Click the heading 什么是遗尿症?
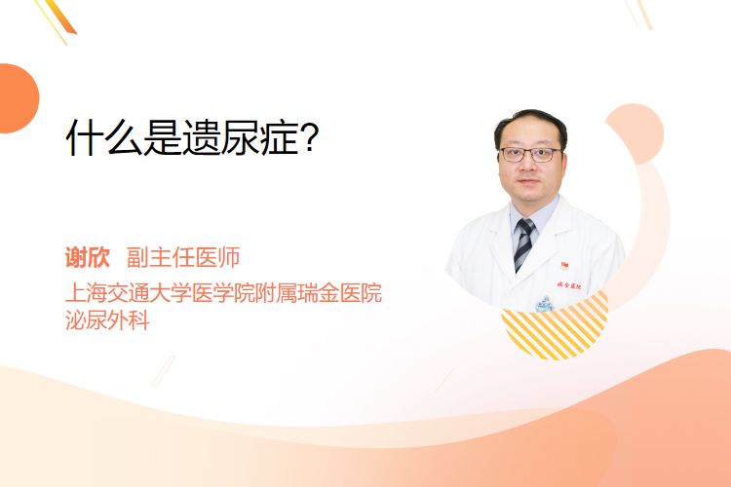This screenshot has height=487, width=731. [192, 138]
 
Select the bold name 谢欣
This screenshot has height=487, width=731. [88, 257]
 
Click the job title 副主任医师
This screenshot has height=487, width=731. [183, 257]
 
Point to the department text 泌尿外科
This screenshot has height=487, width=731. [107, 319]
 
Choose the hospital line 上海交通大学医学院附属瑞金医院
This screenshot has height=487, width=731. [224, 292]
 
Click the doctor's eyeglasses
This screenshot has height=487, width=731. [530, 154]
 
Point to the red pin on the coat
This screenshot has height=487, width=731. [564, 265]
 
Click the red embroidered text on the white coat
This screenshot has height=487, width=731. [569, 285]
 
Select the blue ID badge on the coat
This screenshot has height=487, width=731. [543, 304]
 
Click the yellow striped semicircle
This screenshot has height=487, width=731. [556, 326]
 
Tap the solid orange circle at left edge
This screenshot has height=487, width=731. [18, 98]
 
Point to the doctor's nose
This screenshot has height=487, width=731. [528, 166]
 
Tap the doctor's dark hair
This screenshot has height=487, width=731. [530, 125]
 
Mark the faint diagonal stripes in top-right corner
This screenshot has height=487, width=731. [639, 14]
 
